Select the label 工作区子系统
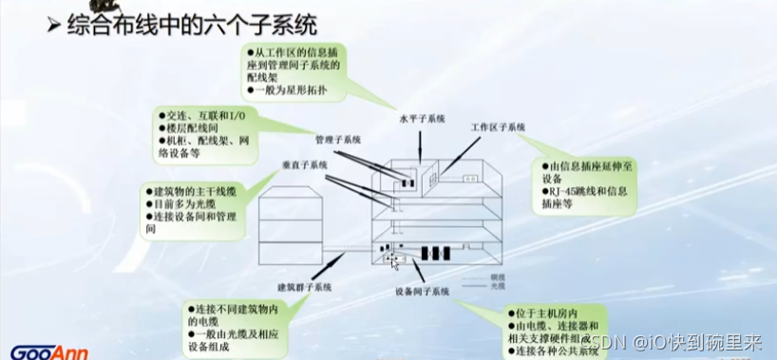[x=498, y=126]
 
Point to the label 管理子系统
[x=338, y=140]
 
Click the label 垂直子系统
[x=305, y=164]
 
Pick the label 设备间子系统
[x=422, y=292]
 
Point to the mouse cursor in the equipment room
[x=391, y=258]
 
